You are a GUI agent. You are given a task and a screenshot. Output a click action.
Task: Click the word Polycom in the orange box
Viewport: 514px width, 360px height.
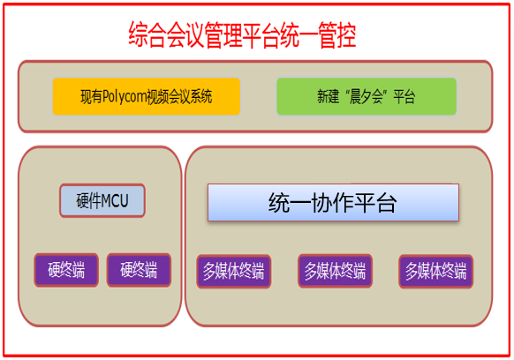point(124,97)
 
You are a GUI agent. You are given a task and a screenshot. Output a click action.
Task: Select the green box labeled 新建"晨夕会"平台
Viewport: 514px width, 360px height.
point(367,96)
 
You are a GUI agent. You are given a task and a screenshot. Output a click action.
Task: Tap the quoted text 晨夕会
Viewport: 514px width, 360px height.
point(367,97)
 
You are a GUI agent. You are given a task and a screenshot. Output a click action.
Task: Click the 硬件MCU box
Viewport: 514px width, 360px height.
point(102,200)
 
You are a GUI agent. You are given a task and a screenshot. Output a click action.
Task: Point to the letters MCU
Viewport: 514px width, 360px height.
point(115,201)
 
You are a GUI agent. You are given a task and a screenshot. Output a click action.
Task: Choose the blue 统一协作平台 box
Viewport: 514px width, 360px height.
point(333,202)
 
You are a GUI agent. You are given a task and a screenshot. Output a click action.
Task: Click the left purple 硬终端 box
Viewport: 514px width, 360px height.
point(66,270)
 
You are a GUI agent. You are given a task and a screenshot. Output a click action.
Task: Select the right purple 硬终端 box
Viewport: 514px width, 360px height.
point(139,270)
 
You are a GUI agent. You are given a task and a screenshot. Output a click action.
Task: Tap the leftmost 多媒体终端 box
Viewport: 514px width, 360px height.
point(234,272)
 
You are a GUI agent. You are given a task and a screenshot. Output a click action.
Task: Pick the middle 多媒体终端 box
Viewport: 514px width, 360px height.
point(335,271)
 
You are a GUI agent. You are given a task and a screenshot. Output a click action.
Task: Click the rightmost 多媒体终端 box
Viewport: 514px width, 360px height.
point(435,272)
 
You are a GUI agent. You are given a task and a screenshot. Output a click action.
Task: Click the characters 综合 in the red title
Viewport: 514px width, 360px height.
point(147,34)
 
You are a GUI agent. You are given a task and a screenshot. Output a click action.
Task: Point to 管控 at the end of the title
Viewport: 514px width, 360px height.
point(337,34)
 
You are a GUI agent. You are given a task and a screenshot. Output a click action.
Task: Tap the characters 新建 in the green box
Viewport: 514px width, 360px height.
point(328,97)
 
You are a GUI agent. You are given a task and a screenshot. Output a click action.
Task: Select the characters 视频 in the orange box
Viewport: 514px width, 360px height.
point(157,97)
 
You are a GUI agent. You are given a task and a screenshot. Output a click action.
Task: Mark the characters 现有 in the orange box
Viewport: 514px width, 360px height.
point(92,97)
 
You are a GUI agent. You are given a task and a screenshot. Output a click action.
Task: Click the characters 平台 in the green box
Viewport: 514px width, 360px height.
point(404,97)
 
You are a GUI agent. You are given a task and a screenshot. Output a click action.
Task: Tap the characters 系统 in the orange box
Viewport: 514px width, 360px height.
point(201,97)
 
